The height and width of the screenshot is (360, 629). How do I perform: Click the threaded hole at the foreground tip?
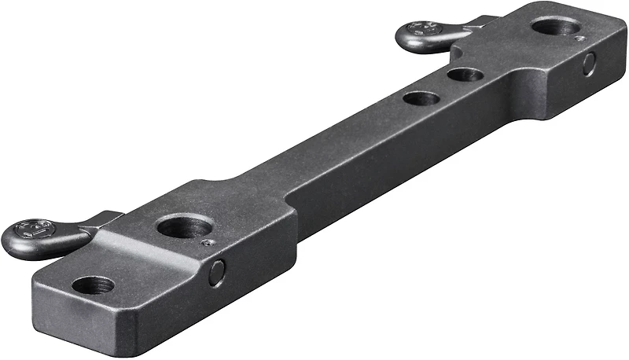tap(93, 285)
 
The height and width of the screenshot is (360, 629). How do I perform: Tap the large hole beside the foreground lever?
tap(184, 227)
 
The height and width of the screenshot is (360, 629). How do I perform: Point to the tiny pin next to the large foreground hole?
tap(206, 244)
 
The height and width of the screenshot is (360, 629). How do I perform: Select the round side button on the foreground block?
tap(216, 273)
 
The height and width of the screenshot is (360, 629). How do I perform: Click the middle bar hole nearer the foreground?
tap(421, 99)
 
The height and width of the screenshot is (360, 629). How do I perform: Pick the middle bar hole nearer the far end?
tap(465, 75)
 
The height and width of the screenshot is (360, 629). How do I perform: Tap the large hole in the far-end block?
tap(555, 27)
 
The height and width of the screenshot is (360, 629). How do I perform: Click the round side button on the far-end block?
tap(589, 64)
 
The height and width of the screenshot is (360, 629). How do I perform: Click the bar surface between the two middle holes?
tap(443, 87)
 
